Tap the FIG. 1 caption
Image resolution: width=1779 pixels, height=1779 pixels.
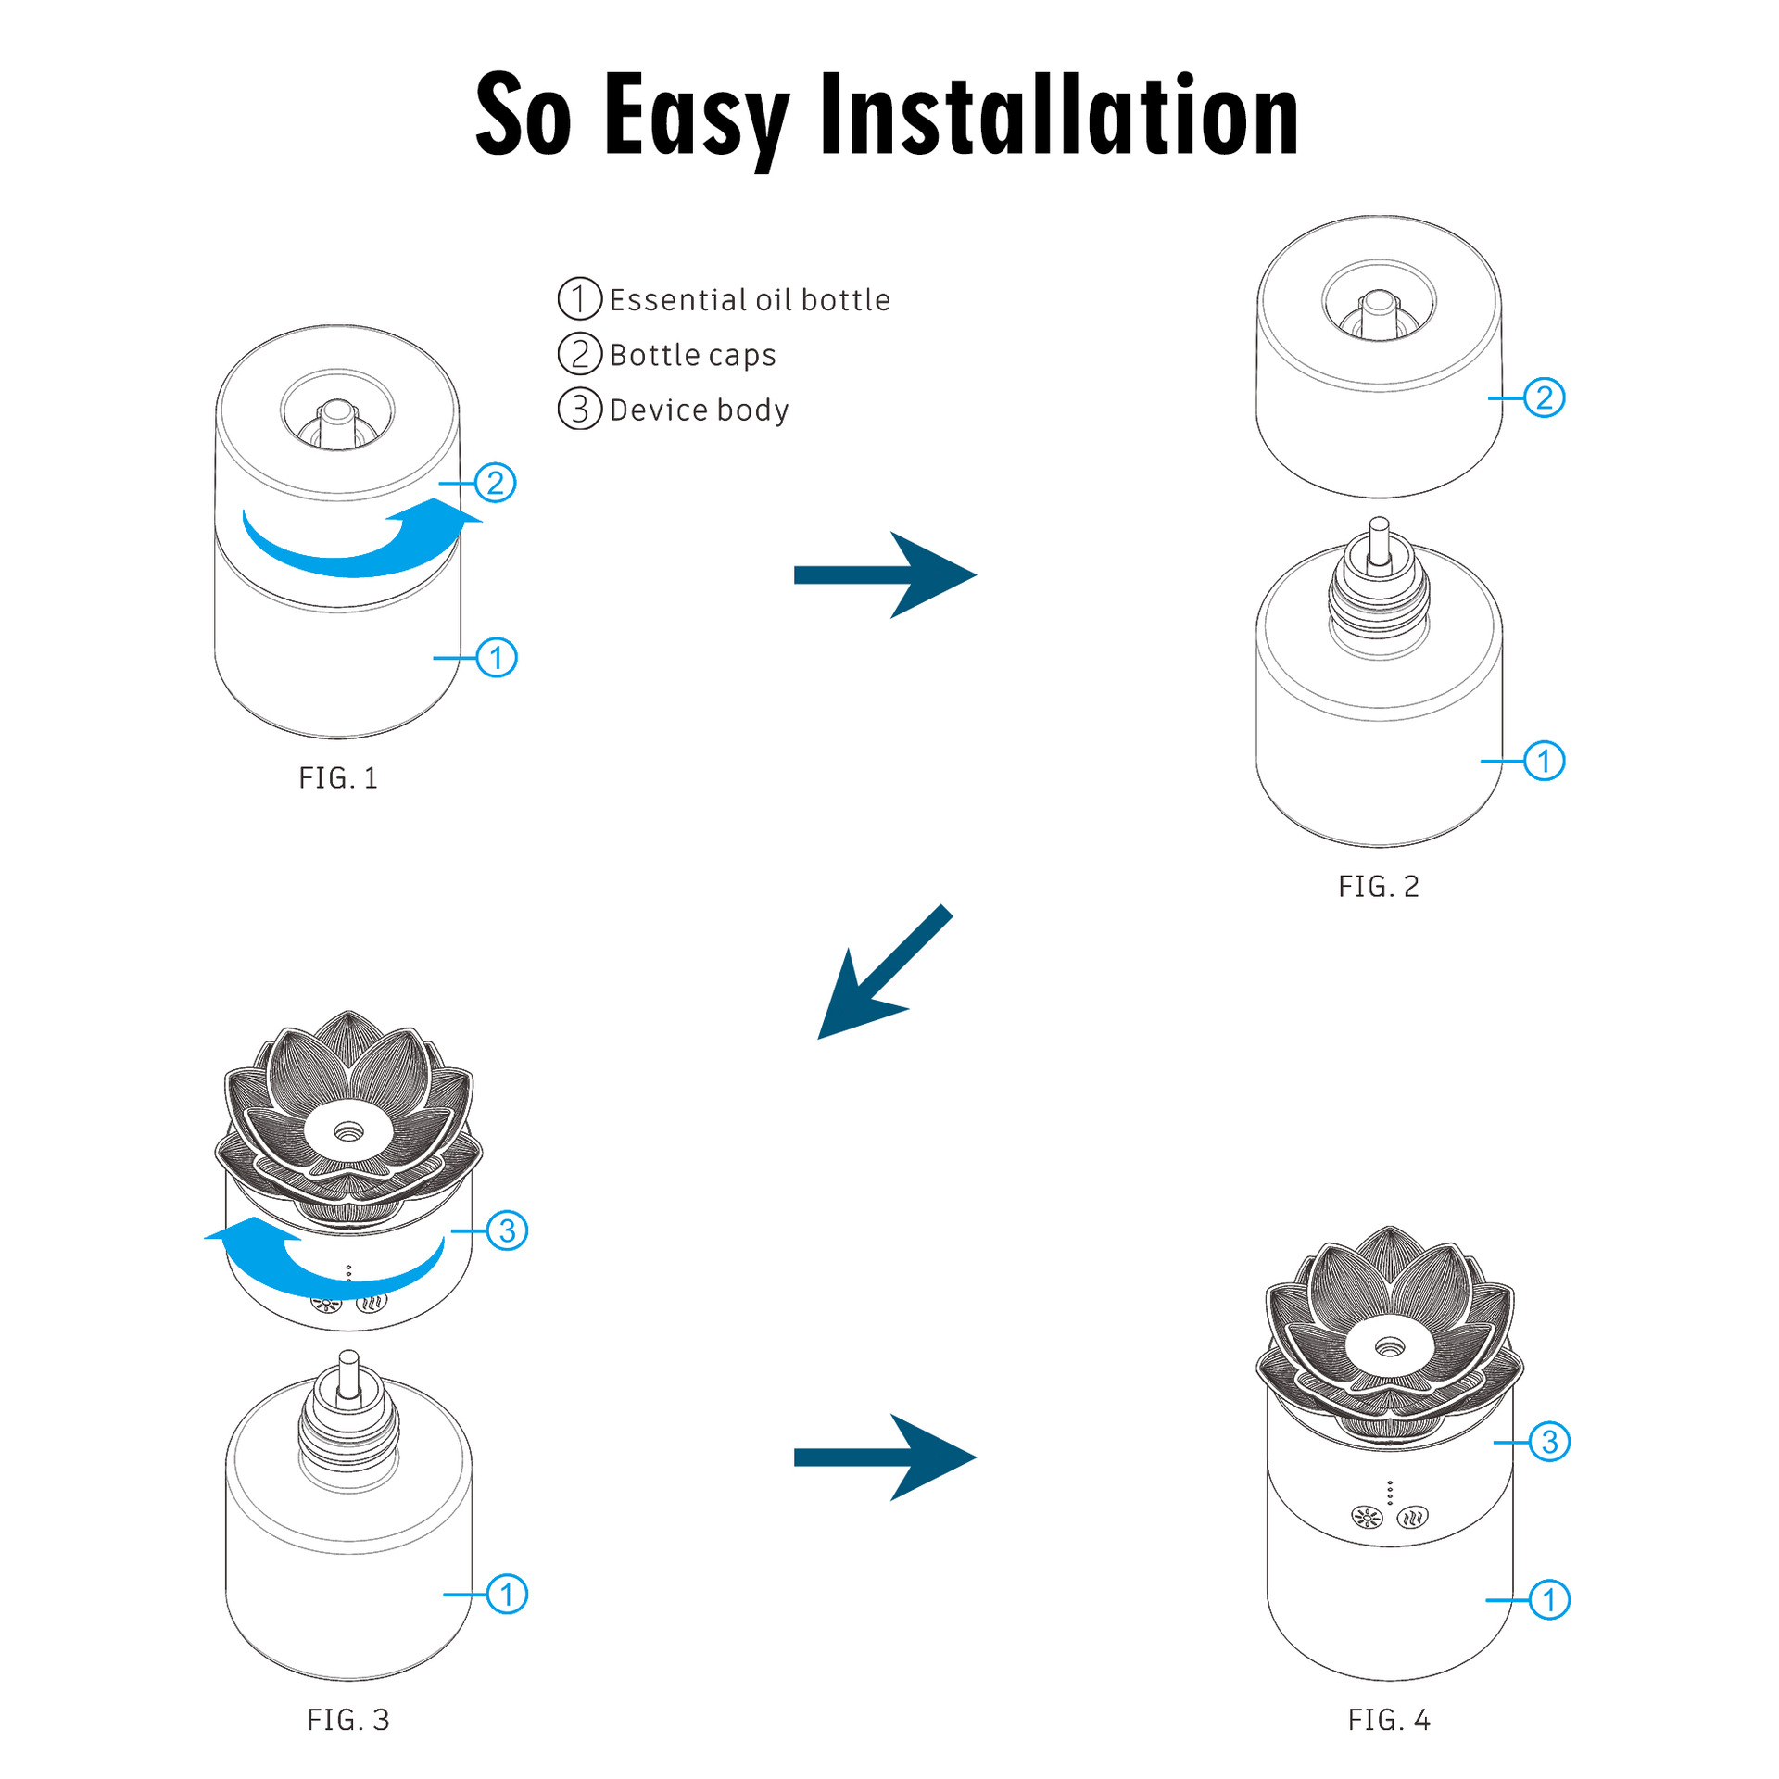click(x=338, y=778)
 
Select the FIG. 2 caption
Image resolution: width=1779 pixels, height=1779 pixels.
click(x=1379, y=887)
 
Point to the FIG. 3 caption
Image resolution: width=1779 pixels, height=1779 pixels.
click(x=348, y=1720)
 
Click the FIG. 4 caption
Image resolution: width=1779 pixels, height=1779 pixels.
click(x=1389, y=1720)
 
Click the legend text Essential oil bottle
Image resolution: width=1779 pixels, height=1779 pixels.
click(x=749, y=300)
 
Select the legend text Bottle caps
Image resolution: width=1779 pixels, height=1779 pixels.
click(x=692, y=355)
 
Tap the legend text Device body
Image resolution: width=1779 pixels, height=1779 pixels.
click(x=699, y=410)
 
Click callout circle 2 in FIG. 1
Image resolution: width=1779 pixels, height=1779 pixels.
click(x=496, y=483)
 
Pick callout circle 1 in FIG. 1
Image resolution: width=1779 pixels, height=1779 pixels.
click(x=497, y=658)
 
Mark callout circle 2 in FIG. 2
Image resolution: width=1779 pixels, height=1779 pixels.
click(x=1545, y=397)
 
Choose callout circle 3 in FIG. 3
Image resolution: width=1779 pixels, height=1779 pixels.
click(x=508, y=1230)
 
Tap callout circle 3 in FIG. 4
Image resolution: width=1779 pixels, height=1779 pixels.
click(x=1549, y=1443)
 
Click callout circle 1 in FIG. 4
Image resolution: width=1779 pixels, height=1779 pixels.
click(x=1549, y=1600)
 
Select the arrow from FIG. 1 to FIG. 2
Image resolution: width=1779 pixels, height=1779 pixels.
click(x=885, y=574)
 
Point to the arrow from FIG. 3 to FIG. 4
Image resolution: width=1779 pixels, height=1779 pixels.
click(x=885, y=1457)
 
